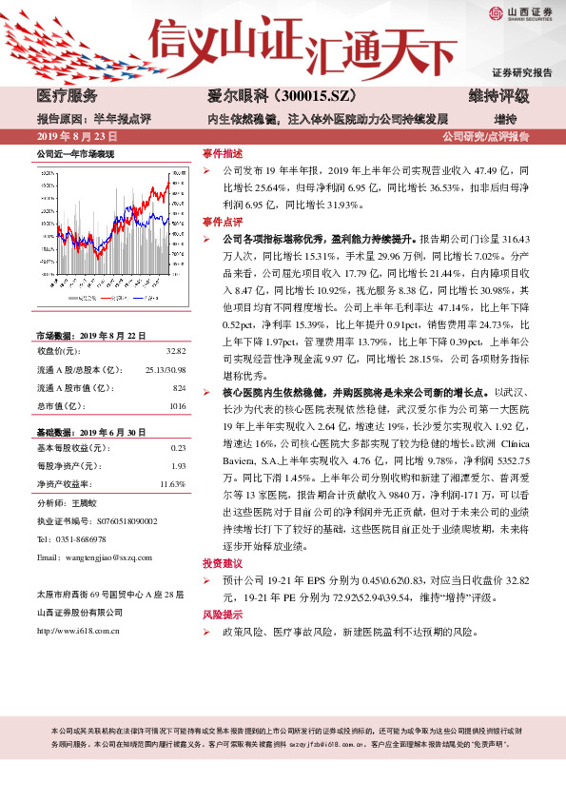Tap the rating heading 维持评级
498,96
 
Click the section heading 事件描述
224,152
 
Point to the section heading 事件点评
224,221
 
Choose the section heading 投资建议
224,562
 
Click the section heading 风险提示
224,615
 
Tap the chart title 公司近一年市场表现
75,153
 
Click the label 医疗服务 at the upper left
67,96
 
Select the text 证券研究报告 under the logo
521,72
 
